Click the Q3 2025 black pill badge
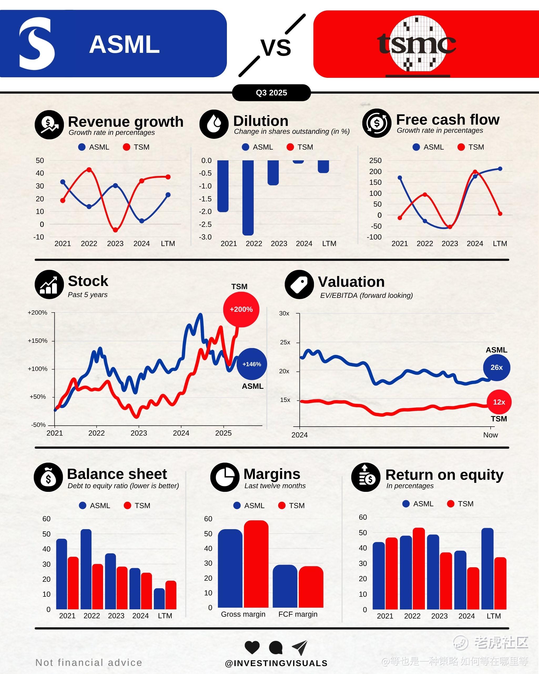click(271, 93)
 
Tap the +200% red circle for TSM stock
click(241, 309)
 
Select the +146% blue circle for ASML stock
click(252, 364)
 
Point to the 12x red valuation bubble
click(499, 402)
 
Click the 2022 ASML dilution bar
click(248, 197)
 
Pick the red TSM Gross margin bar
click(256, 564)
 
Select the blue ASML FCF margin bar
click(285, 586)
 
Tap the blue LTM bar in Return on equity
click(487, 569)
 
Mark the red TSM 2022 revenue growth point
click(89, 170)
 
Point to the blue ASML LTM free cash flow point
click(500, 169)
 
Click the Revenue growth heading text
click(125, 122)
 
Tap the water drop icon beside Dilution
click(214, 124)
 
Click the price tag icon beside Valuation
click(299, 284)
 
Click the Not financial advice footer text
click(89, 662)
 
